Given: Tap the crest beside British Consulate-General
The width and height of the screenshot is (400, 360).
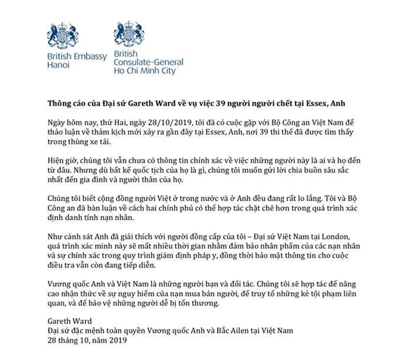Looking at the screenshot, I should click(x=124, y=35).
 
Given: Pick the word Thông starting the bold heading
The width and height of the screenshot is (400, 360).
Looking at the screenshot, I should click(x=61, y=98).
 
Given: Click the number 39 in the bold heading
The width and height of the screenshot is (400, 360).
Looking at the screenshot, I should click(x=239, y=98).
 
